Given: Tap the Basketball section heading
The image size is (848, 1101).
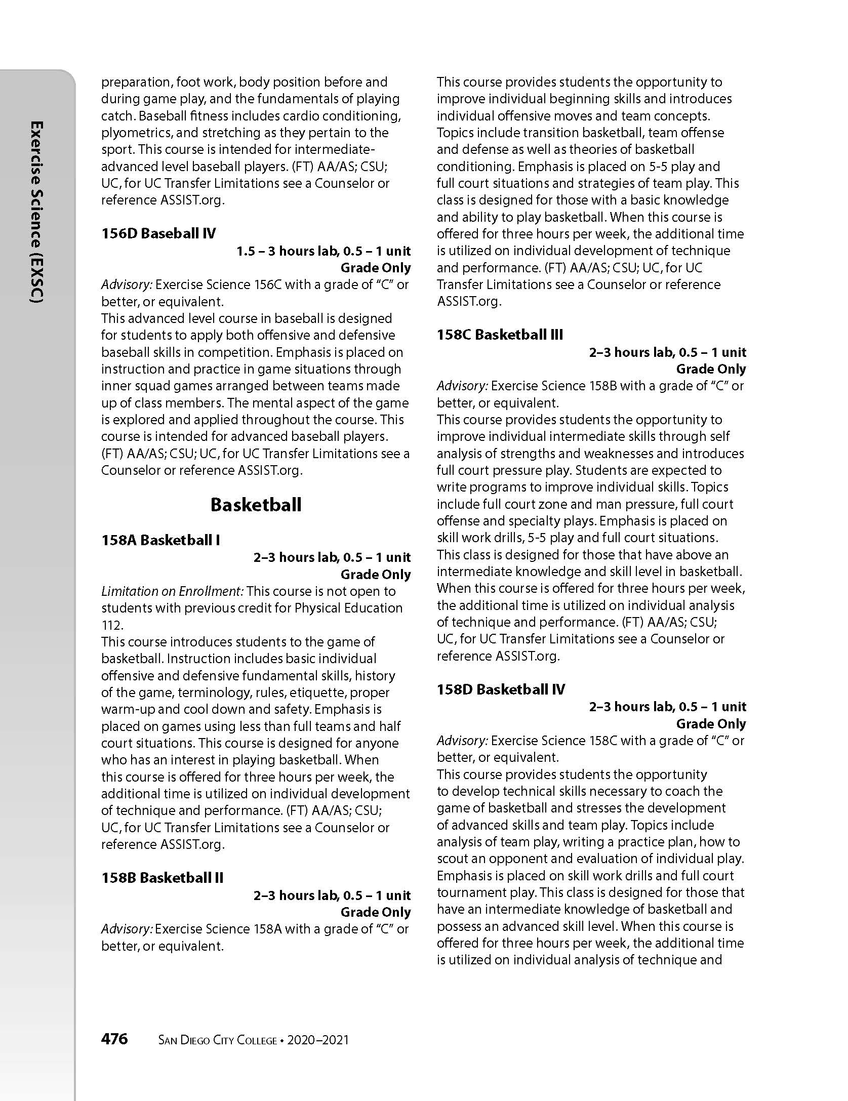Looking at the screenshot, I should point(256,505).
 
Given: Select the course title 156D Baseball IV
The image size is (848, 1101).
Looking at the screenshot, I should point(158,233).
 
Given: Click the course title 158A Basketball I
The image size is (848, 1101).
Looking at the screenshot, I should point(160,540).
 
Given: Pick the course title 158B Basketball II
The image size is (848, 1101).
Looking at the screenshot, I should point(162,878).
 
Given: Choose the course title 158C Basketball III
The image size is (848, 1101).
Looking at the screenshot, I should point(500,335).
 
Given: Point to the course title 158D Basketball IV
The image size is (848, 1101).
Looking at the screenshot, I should point(501,689).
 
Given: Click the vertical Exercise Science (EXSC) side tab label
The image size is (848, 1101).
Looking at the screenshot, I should point(36,213).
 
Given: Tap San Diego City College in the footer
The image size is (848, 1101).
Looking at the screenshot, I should point(218,1040).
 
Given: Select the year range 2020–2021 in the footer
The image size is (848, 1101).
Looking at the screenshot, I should point(318,1040).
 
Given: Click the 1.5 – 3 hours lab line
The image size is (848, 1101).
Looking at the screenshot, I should point(324,251).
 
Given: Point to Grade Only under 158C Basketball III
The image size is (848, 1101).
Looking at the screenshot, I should point(711,369).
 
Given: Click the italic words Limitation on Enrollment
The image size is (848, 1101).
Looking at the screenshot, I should point(173,591).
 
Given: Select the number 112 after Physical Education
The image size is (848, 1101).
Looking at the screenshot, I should point(111,625).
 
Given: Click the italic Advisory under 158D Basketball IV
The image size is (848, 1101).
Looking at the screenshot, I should point(462,741).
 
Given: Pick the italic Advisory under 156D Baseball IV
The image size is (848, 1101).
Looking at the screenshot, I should point(127,284).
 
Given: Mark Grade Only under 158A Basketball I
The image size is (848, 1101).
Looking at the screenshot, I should point(375,575).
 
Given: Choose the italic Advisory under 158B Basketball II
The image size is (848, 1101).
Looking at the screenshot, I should point(127,929).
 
